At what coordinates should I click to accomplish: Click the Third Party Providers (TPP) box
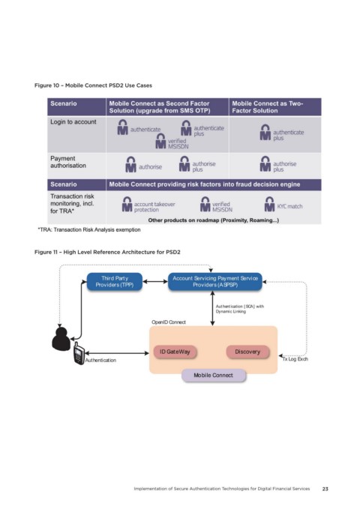(115, 281)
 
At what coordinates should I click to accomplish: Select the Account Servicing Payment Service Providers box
(215, 281)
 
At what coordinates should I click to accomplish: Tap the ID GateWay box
(175, 352)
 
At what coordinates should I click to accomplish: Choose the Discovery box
(247, 352)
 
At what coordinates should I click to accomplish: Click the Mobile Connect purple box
(214, 376)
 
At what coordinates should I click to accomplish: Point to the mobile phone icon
(79, 354)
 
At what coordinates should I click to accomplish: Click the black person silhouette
(61, 339)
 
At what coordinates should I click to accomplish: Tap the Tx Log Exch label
(295, 359)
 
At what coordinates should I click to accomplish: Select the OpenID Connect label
(169, 322)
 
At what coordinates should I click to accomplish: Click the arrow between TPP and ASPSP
(155, 281)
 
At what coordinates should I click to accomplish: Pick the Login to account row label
(73, 121)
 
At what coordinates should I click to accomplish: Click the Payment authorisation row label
(68, 162)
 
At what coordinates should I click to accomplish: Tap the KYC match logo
(283, 204)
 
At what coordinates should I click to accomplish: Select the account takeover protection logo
(148, 205)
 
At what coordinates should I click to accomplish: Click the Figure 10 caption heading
(93, 85)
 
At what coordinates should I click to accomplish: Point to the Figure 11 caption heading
(107, 252)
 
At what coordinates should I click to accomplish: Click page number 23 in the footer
(325, 489)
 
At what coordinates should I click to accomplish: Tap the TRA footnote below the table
(89, 229)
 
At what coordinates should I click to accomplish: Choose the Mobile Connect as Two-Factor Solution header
(268, 107)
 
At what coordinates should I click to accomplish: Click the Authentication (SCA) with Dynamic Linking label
(240, 309)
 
